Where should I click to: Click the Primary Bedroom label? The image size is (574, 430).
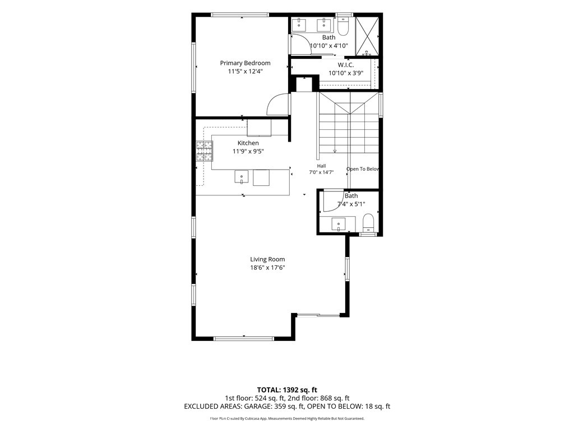[245, 63]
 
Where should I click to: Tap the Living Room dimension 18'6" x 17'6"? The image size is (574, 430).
[267, 267]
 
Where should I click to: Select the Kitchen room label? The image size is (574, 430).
[248, 143]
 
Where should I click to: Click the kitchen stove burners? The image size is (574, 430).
[204, 151]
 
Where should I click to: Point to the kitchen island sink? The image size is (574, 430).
[242, 176]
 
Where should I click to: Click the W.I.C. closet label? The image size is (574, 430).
[346, 65]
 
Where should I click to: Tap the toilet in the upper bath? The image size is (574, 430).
[343, 26]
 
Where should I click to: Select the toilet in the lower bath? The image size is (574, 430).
[368, 223]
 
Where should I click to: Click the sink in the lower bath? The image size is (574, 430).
[339, 224]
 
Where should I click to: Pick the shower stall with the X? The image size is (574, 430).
[367, 36]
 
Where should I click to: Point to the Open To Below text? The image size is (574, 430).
[363, 169]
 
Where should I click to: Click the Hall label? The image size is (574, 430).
[321, 166]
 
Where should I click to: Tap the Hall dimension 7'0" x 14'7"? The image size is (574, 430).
[321, 172]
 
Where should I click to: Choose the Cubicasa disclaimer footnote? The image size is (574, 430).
[287, 418]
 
